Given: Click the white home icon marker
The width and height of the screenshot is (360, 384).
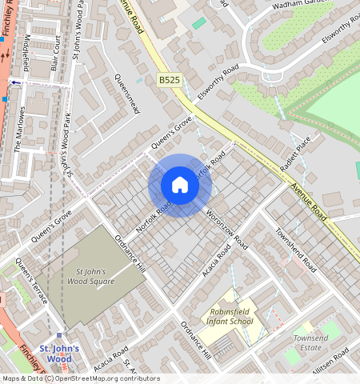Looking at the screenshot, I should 180,186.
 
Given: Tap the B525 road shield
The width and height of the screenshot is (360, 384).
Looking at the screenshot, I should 168,80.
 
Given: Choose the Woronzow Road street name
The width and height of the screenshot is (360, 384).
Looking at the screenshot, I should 226,232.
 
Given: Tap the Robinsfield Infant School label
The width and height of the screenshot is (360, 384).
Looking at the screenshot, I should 231,316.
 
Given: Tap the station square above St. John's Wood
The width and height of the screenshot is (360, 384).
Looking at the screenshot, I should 60,336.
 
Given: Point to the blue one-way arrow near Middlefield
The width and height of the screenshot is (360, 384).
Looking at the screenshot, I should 14,82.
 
